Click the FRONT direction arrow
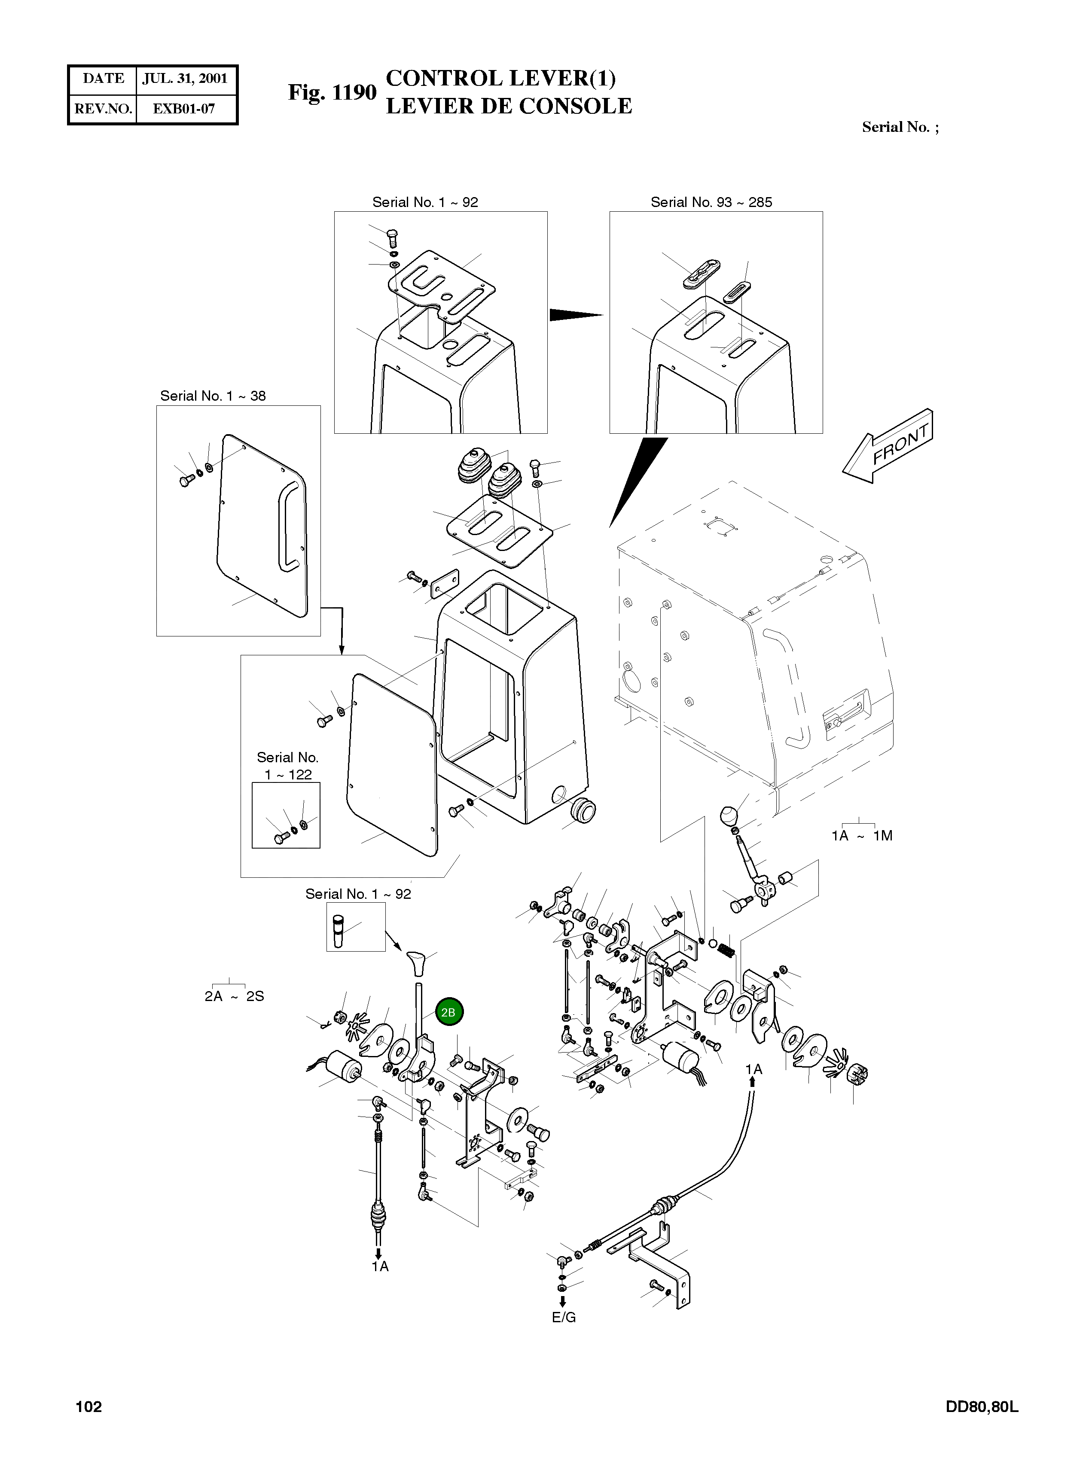[x=888, y=446]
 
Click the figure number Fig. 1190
[x=333, y=92]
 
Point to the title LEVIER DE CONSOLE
[x=509, y=106]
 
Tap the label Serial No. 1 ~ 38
[x=213, y=396]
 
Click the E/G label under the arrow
[x=564, y=1318]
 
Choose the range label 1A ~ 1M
[x=862, y=836]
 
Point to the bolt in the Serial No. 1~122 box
[x=280, y=839]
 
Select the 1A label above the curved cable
[x=754, y=1069]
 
